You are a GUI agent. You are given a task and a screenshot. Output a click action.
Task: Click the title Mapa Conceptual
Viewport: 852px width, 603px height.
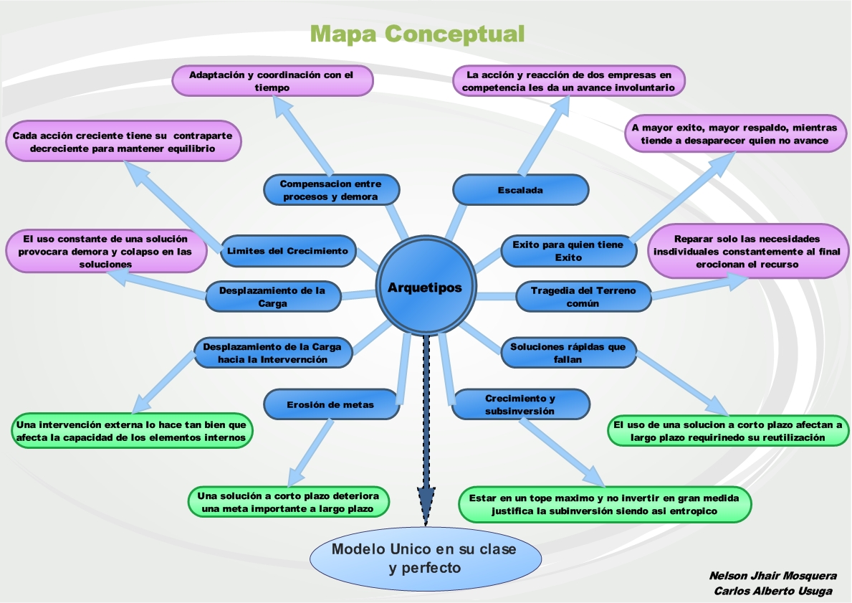coord(418,33)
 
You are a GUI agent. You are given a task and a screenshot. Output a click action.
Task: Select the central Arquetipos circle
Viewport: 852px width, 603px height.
coord(425,288)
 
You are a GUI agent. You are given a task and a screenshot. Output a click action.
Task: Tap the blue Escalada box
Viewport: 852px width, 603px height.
coord(520,190)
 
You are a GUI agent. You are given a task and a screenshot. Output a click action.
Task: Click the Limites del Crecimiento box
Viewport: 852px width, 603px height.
coord(287,251)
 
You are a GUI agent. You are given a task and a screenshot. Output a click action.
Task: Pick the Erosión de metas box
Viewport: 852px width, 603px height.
coord(331,404)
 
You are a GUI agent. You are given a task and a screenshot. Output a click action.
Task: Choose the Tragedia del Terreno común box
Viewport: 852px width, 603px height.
coord(583,297)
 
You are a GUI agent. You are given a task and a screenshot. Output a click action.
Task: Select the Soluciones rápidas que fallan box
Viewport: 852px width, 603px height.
coord(568,353)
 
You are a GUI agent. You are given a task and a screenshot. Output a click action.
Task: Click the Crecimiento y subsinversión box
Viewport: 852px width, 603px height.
coord(521,404)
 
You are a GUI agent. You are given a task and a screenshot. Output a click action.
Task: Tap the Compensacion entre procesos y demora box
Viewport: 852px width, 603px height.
coord(331,190)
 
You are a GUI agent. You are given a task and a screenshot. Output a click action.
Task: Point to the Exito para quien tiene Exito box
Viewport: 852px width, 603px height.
coord(568,251)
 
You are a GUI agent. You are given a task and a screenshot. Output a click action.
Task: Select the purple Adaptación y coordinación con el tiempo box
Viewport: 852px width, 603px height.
coord(273,80)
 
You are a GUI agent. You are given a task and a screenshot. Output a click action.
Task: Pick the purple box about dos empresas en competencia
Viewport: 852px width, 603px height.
coord(569,80)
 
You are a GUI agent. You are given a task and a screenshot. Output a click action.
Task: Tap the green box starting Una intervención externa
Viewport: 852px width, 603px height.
coord(130,430)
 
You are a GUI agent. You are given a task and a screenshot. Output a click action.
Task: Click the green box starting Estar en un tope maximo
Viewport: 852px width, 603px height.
coord(605,504)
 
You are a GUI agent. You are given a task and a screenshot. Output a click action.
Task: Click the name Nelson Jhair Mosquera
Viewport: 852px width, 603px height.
coord(772,576)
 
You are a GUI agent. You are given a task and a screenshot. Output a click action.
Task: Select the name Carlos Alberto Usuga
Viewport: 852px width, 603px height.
coord(773,591)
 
